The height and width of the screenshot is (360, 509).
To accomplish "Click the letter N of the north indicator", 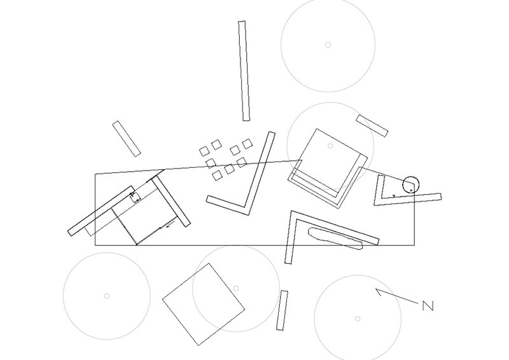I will tap(428, 306).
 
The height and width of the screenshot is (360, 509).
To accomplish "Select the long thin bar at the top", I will tap(244, 71).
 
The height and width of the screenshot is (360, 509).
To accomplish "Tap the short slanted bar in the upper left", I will tap(127, 138).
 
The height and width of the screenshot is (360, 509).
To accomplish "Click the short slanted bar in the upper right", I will tap(372, 125).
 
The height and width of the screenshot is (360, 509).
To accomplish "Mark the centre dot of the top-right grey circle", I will tap(328, 45).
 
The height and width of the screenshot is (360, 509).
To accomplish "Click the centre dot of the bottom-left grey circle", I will tap(107, 296).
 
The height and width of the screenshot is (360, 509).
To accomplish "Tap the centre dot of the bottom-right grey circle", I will tap(358, 318).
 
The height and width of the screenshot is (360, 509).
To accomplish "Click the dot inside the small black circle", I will tap(412, 189).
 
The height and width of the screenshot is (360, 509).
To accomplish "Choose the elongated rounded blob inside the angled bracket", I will tap(335, 238).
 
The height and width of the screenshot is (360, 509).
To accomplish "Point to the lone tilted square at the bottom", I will tap(204, 303).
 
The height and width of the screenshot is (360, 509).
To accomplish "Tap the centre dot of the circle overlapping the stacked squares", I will tap(330, 146).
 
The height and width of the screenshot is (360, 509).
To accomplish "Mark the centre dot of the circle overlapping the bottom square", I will tap(236, 288).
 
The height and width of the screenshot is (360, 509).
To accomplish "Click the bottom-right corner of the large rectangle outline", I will tap(414, 245).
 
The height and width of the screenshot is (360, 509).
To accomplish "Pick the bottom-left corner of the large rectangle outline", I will tap(95, 245).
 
